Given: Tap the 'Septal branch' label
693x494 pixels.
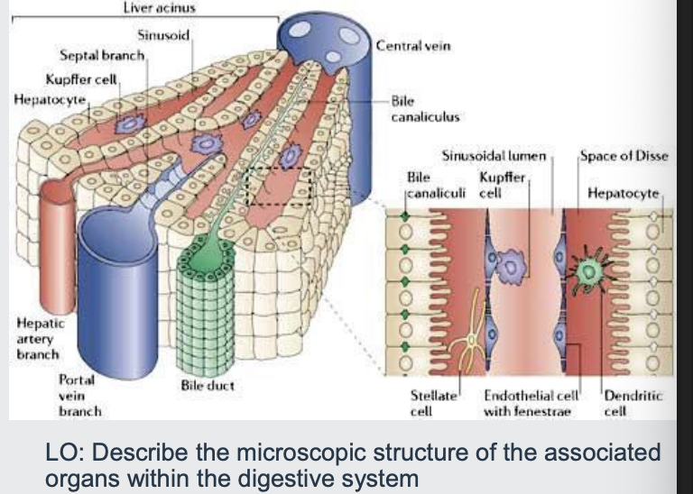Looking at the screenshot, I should click(96, 56).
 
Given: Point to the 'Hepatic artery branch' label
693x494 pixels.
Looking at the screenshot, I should click(36, 338).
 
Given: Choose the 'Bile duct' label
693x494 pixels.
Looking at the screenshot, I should click(208, 385).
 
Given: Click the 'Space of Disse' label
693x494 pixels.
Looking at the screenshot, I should click(624, 156).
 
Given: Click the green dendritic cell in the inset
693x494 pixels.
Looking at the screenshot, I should click(592, 270).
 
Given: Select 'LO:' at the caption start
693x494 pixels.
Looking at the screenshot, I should click(61, 451).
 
